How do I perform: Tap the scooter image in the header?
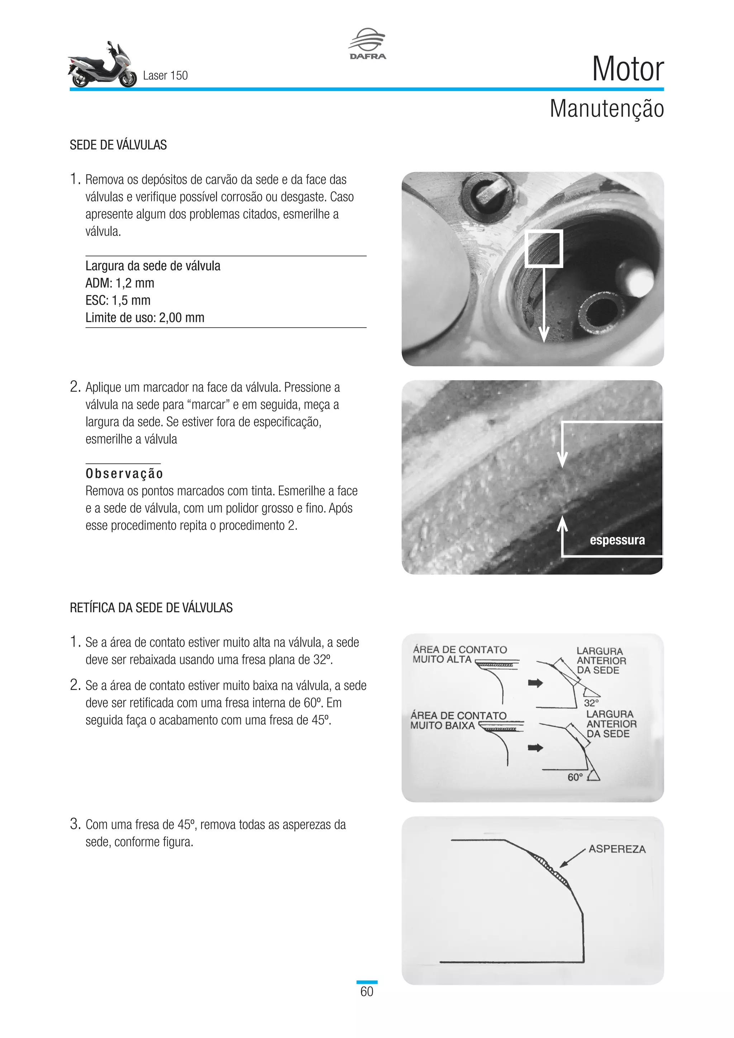point(102,66)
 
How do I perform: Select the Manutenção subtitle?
point(606,109)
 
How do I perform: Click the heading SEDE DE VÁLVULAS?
point(118,145)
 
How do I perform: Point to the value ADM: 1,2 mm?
point(120,284)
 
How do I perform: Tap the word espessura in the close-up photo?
point(617,540)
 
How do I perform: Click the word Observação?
point(124,474)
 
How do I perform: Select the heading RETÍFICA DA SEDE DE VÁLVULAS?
point(151,608)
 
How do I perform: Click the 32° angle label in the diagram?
point(591,703)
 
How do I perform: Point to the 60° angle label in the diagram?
point(575,777)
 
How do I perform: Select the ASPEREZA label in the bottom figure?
point(617,849)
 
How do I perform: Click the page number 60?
point(367,991)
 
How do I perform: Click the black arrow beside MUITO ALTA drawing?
point(535,683)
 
